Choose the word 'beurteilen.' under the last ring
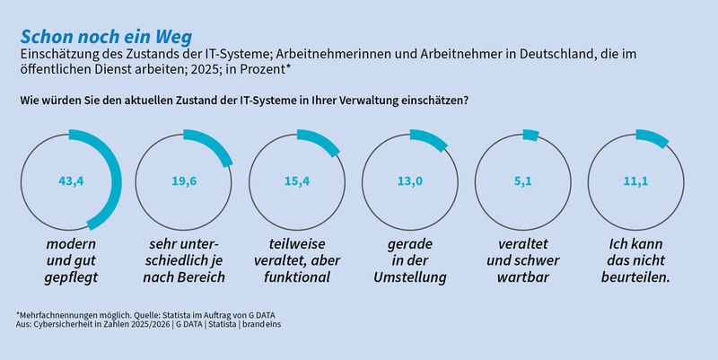click(x=638, y=277)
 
